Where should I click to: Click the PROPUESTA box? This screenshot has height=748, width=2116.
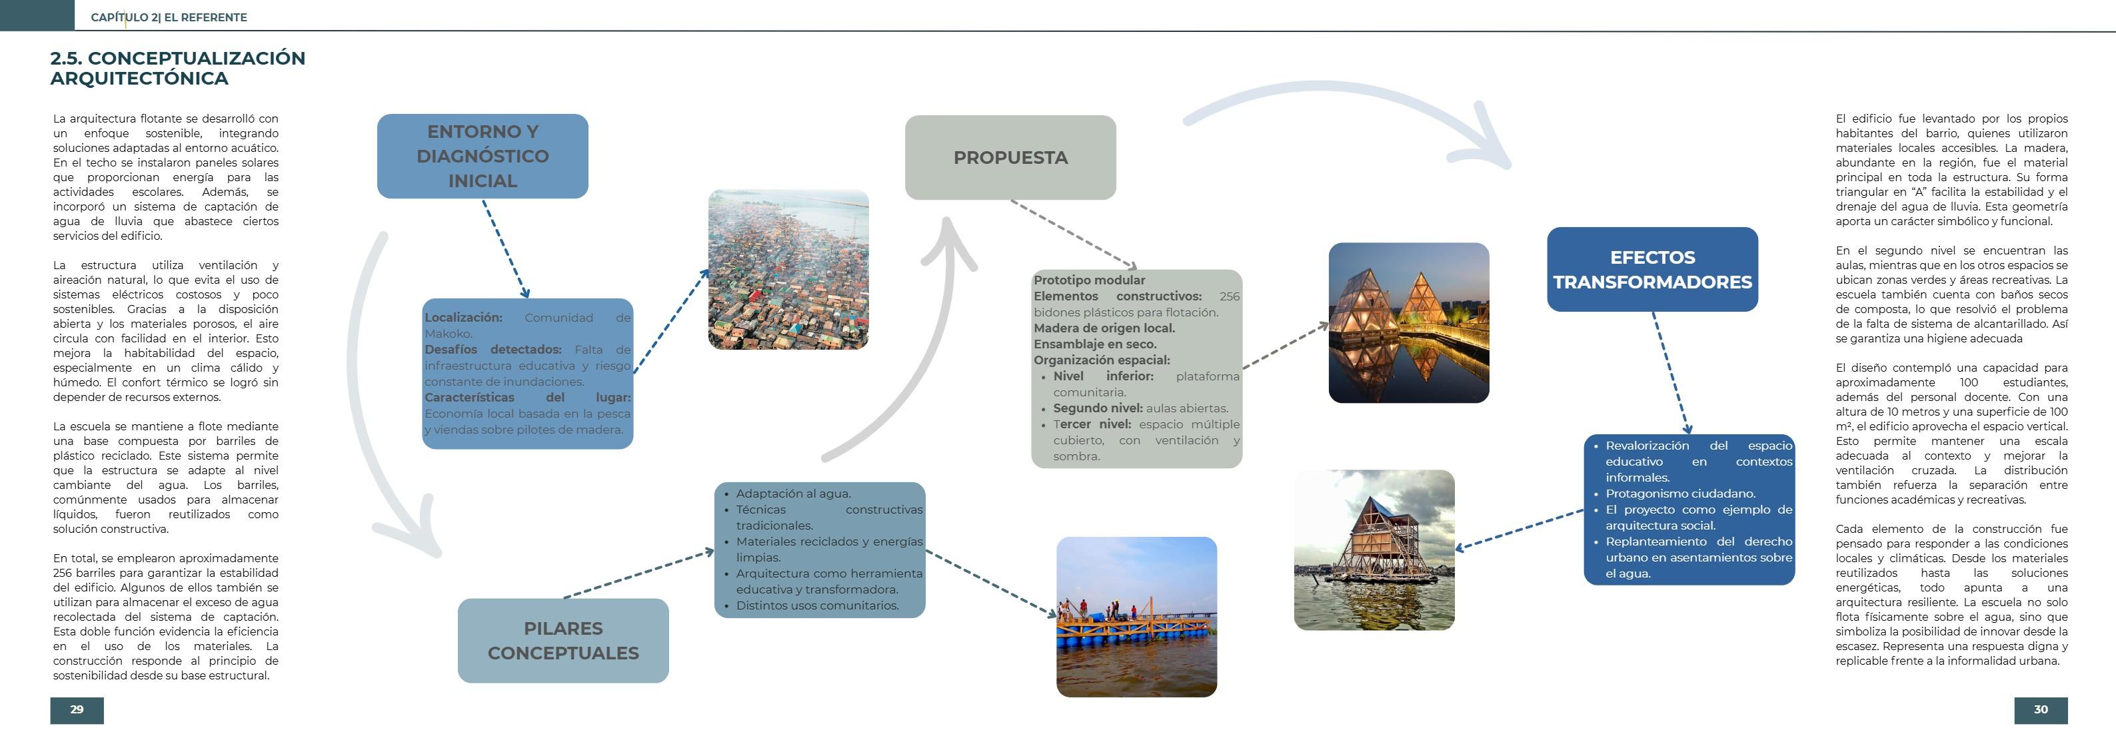1010,158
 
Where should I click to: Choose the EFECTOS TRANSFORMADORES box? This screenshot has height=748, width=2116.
1652,269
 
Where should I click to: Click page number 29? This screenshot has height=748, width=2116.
77,709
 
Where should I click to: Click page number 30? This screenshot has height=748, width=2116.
2041,709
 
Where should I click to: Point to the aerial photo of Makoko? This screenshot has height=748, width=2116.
788,269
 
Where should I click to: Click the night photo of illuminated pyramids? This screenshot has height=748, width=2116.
1408,322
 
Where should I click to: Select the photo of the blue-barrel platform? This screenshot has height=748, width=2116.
1136,617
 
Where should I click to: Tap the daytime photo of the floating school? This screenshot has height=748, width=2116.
1374,550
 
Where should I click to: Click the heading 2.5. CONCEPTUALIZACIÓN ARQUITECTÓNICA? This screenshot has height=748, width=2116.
177,68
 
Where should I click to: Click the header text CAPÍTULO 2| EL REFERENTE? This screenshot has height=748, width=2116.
169,17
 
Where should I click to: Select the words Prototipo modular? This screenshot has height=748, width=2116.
1089,280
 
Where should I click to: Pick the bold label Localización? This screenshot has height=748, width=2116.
463,318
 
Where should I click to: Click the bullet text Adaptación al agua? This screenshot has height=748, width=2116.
792,494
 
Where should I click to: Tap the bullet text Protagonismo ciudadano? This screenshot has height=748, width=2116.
1680,494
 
